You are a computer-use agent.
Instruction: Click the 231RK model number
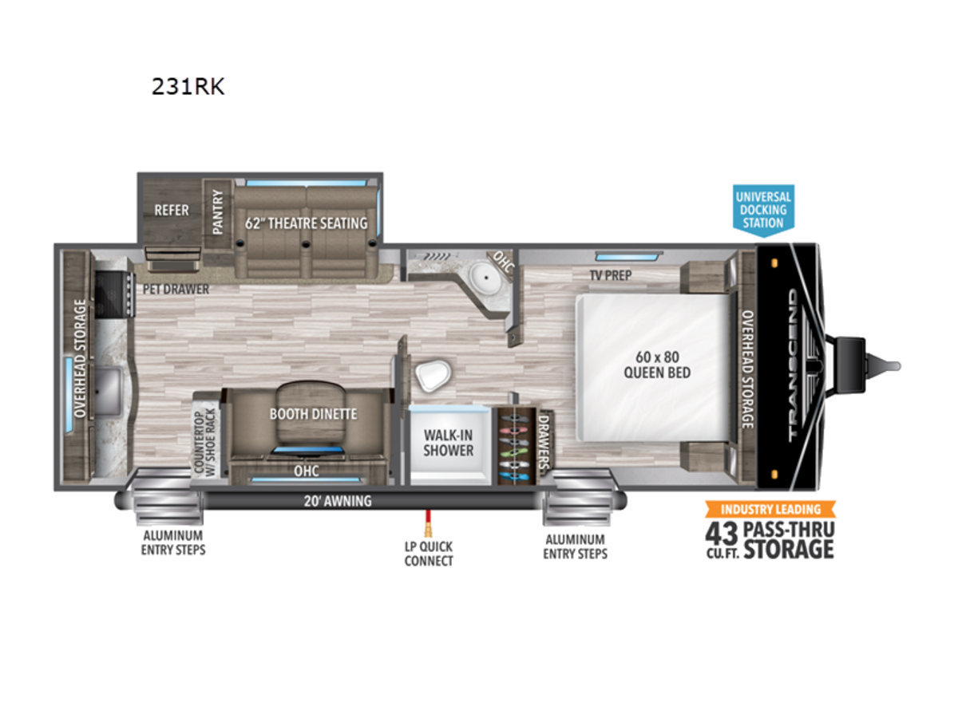(188, 86)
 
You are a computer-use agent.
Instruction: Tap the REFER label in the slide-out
(172, 210)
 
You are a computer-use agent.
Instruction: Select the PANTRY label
(217, 212)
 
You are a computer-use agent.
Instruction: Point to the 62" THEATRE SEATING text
(306, 223)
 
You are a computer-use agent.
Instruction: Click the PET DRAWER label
(176, 289)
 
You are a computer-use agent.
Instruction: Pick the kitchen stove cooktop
(113, 294)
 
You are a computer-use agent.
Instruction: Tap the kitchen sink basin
(108, 391)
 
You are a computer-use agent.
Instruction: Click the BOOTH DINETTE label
(314, 414)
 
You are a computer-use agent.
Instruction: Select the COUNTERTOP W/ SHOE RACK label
(204, 442)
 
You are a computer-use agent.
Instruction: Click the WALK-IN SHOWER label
(448, 443)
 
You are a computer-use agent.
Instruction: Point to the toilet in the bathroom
(433, 375)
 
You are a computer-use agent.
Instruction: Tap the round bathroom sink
(484, 275)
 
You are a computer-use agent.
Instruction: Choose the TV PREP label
(610, 275)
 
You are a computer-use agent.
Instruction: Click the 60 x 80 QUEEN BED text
(657, 365)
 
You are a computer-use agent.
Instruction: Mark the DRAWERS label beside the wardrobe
(543, 442)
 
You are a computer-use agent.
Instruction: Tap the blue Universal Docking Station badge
(763, 211)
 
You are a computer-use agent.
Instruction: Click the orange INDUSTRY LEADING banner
(770, 509)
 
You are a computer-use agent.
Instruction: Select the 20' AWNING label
(338, 501)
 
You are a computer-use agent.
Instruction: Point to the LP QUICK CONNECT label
(429, 554)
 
